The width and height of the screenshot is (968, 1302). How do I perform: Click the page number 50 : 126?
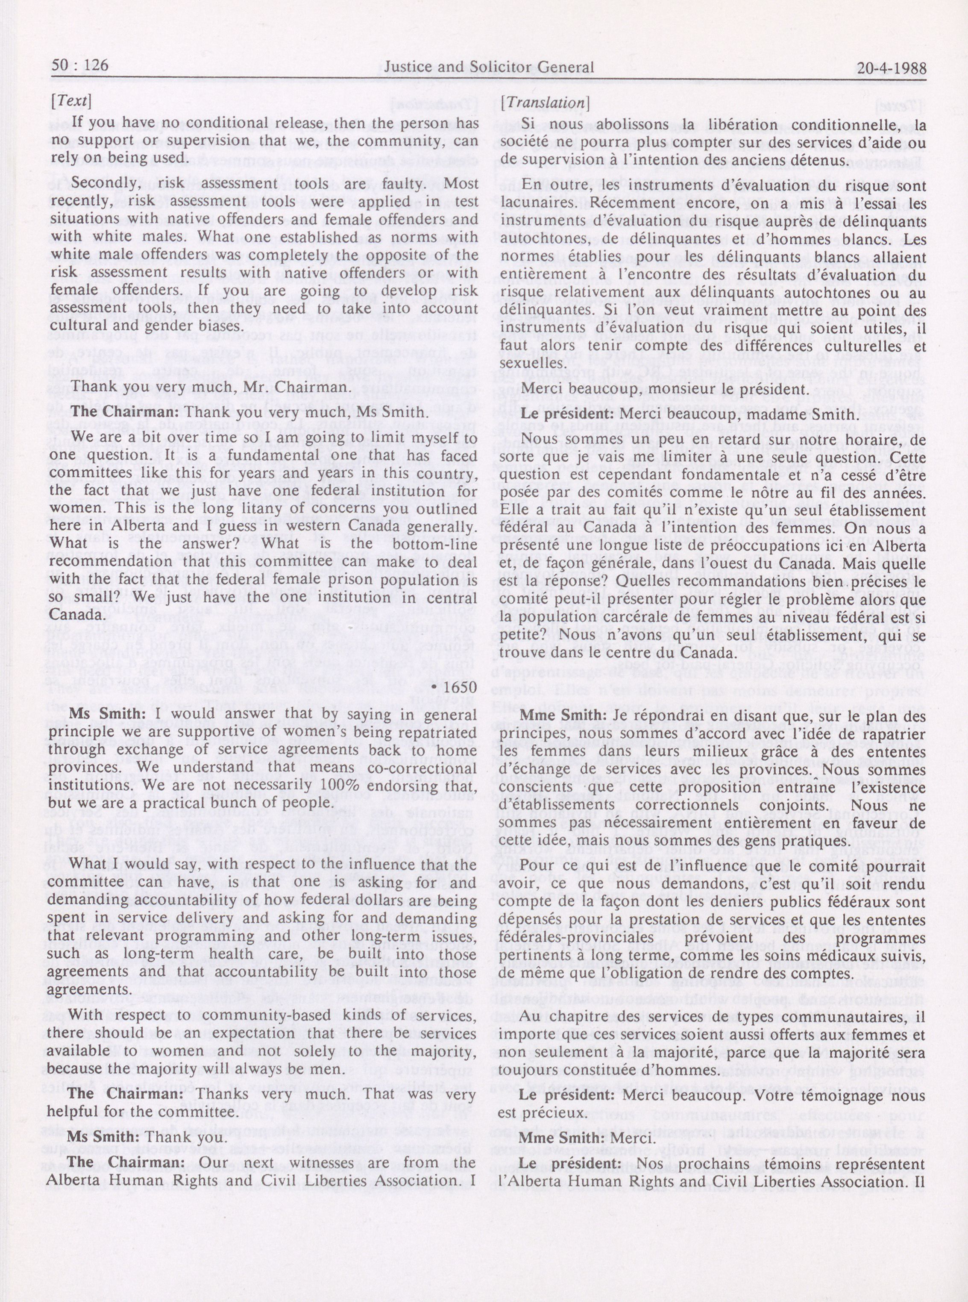(80, 65)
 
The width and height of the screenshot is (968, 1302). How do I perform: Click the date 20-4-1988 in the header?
(891, 68)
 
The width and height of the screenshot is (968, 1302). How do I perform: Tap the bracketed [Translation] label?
(546, 103)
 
